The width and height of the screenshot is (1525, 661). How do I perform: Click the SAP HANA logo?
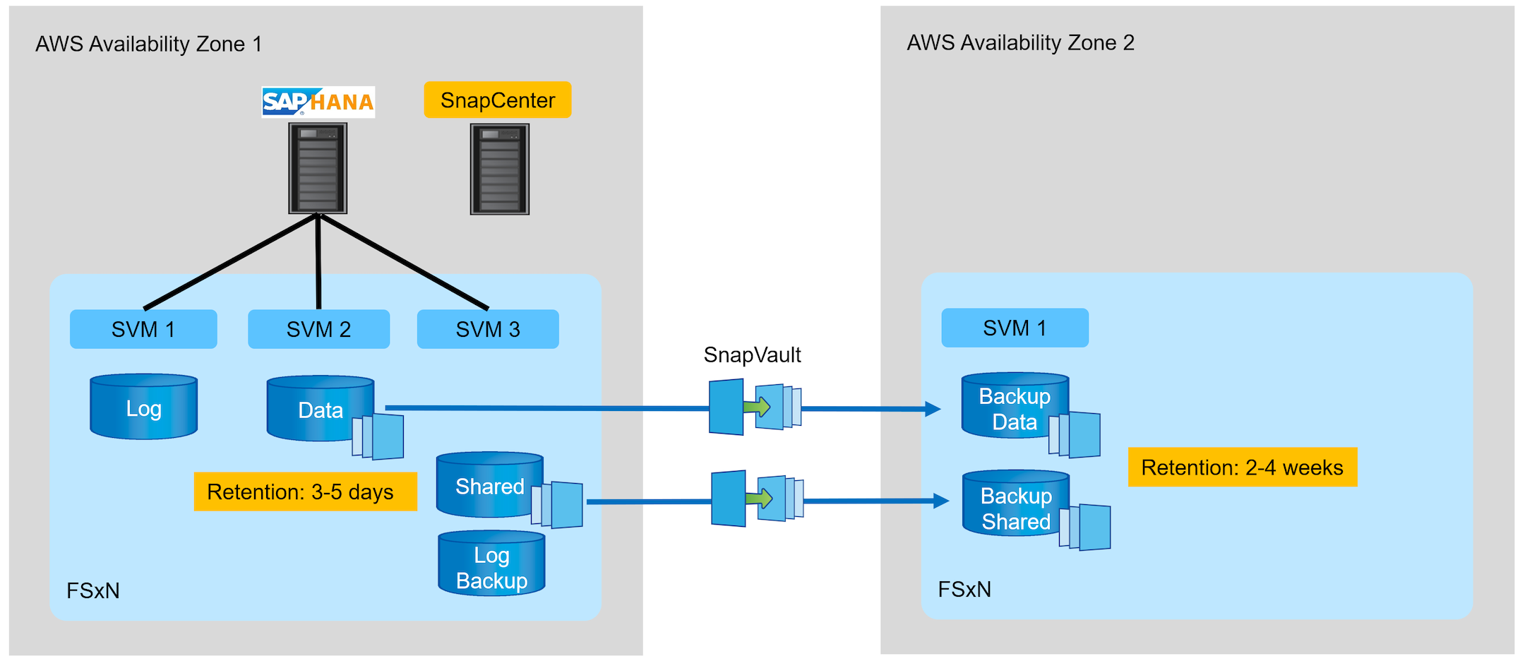318,102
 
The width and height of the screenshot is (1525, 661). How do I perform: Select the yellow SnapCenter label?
498,100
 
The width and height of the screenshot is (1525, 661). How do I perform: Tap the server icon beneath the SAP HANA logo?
318,168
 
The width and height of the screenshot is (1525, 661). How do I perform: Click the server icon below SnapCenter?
500,169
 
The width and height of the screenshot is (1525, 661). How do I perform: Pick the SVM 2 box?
318,329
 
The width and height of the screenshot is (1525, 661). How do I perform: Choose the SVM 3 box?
488,329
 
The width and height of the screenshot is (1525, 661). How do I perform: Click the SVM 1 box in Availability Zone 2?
1015,328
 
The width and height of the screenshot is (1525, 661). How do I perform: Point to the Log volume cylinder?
144,407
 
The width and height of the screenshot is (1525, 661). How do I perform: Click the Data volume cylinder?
320,409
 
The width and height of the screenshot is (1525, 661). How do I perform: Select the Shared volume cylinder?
489,485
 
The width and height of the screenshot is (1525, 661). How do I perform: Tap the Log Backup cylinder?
491,565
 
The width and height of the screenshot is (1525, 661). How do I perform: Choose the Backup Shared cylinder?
1016,505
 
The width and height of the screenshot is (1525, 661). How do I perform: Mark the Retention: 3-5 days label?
305,492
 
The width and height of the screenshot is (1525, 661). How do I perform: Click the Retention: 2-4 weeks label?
1242,468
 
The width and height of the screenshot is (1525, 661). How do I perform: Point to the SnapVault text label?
752,355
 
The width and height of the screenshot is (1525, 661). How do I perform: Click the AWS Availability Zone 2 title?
1020,42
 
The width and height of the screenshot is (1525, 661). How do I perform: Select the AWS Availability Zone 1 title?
149,44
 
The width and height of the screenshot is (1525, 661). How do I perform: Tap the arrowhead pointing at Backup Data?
933,409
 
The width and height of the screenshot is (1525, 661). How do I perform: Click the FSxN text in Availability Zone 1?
93,590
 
